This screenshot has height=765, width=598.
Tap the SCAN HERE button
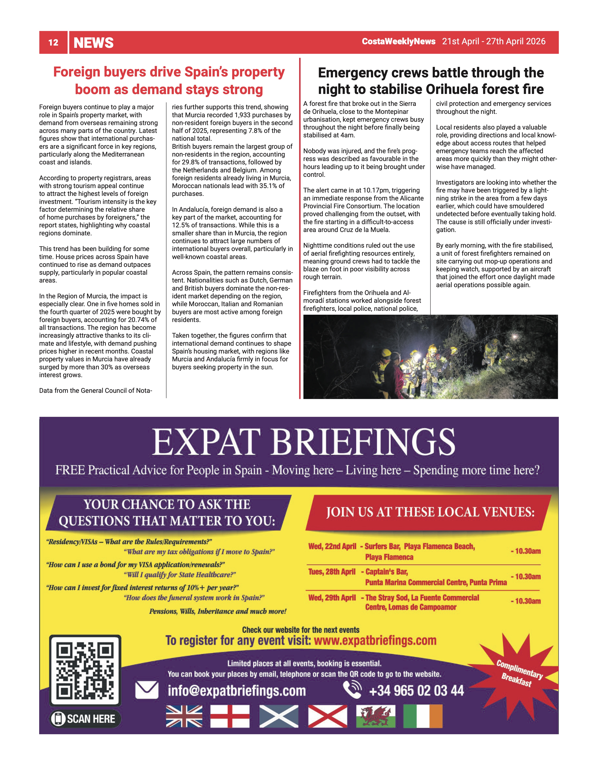click(x=85, y=719)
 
